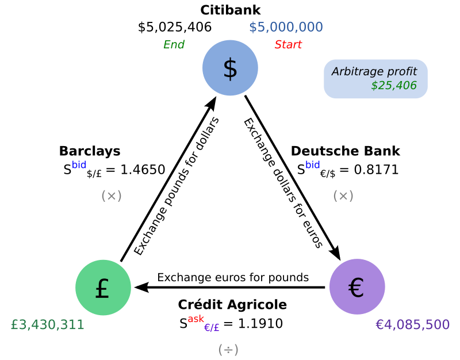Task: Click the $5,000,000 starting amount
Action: [x=286, y=27]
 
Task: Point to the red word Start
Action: [x=288, y=45]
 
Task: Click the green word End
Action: [x=174, y=45]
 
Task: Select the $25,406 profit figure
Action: [x=393, y=86]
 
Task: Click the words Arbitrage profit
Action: [x=374, y=71]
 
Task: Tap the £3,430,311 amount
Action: [x=48, y=325]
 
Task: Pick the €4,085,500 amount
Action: [x=412, y=325]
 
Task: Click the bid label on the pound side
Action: [x=79, y=165]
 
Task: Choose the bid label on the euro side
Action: [x=312, y=165]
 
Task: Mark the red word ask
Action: [x=195, y=319]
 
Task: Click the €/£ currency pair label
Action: [x=212, y=328]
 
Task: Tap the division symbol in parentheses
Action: [x=228, y=350]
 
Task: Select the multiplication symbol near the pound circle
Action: [x=112, y=196]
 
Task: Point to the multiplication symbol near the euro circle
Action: [x=343, y=196]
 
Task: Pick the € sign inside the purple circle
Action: [x=356, y=288]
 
